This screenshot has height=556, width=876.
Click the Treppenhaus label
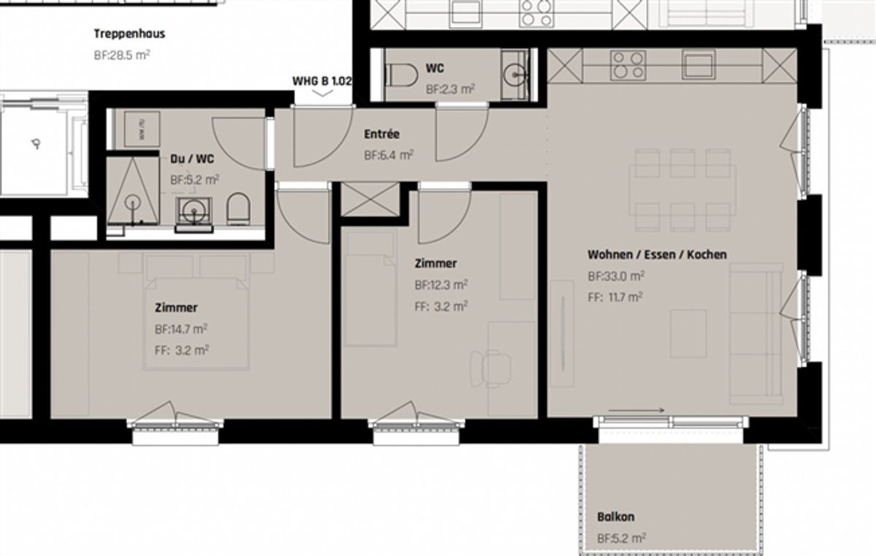click(x=129, y=34)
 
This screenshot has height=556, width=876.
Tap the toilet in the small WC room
click(x=401, y=75)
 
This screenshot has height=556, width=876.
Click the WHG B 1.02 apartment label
click(x=322, y=81)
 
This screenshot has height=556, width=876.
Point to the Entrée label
click(x=382, y=134)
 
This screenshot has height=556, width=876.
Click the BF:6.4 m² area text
click(x=388, y=155)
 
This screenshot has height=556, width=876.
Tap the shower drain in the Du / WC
click(x=133, y=203)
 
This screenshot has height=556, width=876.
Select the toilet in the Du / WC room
click(x=239, y=209)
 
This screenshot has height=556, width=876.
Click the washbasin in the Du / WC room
click(x=194, y=211)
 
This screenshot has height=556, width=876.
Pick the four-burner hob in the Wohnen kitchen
click(x=628, y=65)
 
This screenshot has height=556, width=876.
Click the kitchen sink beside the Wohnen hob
click(x=699, y=64)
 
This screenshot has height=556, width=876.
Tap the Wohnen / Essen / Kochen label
click(x=657, y=255)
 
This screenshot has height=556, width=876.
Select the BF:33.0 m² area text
click(x=616, y=276)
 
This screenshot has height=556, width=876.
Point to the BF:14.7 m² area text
click(x=181, y=329)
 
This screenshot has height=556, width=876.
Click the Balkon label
click(x=616, y=517)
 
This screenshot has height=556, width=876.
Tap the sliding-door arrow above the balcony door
click(x=637, y=410)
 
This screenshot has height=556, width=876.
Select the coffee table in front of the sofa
click(x=688, y=333)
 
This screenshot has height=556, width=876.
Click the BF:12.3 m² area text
click(x=441, y=285)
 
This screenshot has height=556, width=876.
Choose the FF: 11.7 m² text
click(x=615, y=297)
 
